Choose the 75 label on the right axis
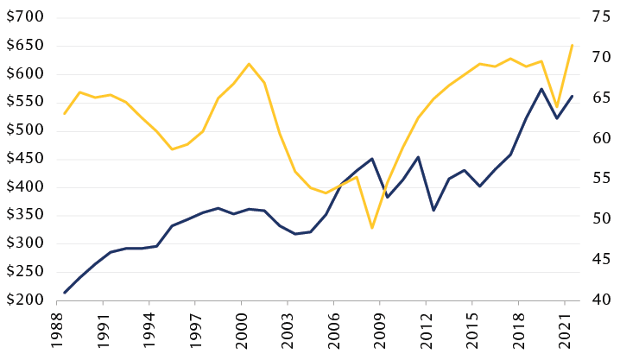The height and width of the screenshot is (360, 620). [601, 17]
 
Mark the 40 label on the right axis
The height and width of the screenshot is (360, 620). [601, 300]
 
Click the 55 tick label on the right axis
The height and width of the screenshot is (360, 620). [601, 179]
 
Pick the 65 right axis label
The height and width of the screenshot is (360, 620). [601, 98]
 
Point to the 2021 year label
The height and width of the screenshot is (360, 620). [565, 332]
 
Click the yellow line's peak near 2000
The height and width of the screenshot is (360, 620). [249, 64]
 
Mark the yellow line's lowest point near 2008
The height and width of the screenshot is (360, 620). [372, 228]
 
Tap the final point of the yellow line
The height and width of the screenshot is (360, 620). [572, 45]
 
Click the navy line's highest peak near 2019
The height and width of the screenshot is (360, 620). [541, 89]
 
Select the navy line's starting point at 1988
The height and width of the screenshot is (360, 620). [65, 293]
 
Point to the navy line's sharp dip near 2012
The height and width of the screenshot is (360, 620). [433, 210]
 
